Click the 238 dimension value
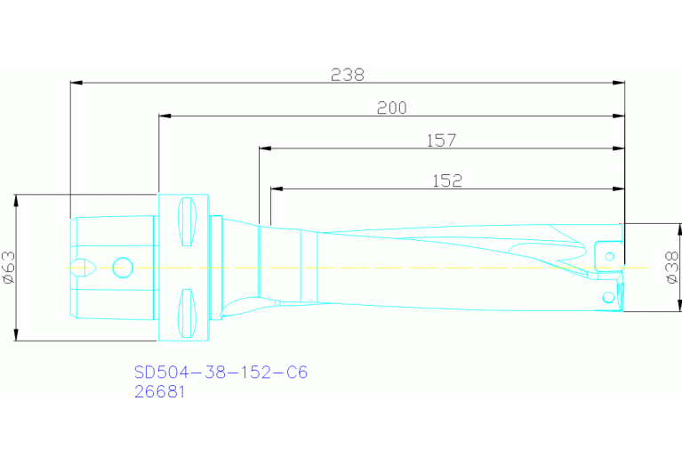pos(348,75)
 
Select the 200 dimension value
pos(391,108)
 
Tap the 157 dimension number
pos(441,140)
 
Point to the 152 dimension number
pos(447,180)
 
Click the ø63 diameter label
pos(8,267)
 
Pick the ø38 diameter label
pos(673,267)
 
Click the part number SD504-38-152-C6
pos(221,372)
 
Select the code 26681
pos(159,391)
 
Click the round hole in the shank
pos(123,266)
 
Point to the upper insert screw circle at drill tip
pos(609,257)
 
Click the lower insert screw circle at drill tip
pos(608,294)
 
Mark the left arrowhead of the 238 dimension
pos(76,83)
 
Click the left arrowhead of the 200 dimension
pos(164,116)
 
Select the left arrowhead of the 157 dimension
pos(264,148)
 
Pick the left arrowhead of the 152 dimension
pos(276,188)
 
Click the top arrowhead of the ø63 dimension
pos(16,199)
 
